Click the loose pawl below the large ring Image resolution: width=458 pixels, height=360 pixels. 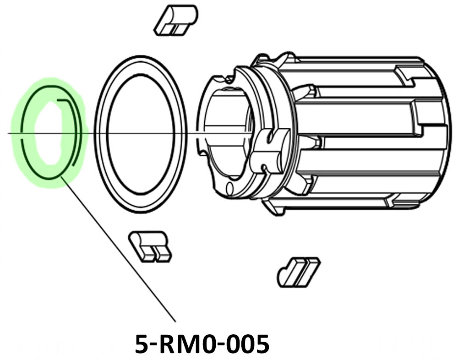pyautogui.click(x=149, y=246)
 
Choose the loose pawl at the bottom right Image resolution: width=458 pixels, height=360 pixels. pyautogui.click(x=298, y=272)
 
